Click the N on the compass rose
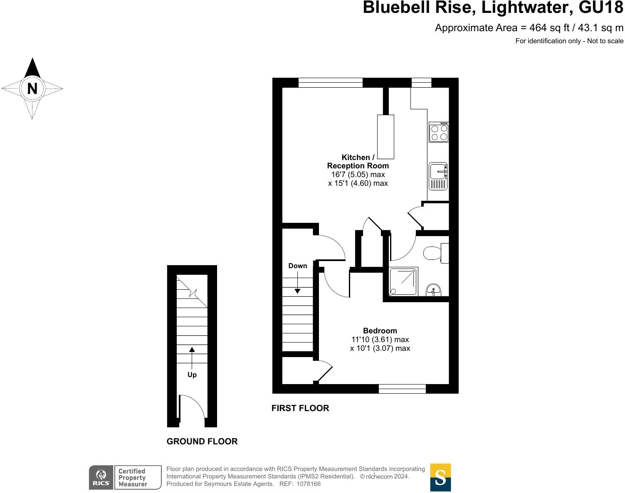point(32,89)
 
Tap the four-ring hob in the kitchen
point(439,132)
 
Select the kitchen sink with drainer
point(438,176)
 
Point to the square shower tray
point(403,281)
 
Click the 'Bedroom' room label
point(380,331)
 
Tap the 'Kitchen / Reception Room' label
point(358,161)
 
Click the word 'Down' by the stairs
point(298,266)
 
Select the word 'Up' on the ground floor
point(192,375)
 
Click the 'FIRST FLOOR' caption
point(300,408)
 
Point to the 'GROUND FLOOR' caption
point(202,441)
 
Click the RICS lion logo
point(101,477)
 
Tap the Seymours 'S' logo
point(440,478)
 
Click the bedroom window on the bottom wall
point(402,389)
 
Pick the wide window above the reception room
point(331,82)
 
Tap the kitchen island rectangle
point(385,137)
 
